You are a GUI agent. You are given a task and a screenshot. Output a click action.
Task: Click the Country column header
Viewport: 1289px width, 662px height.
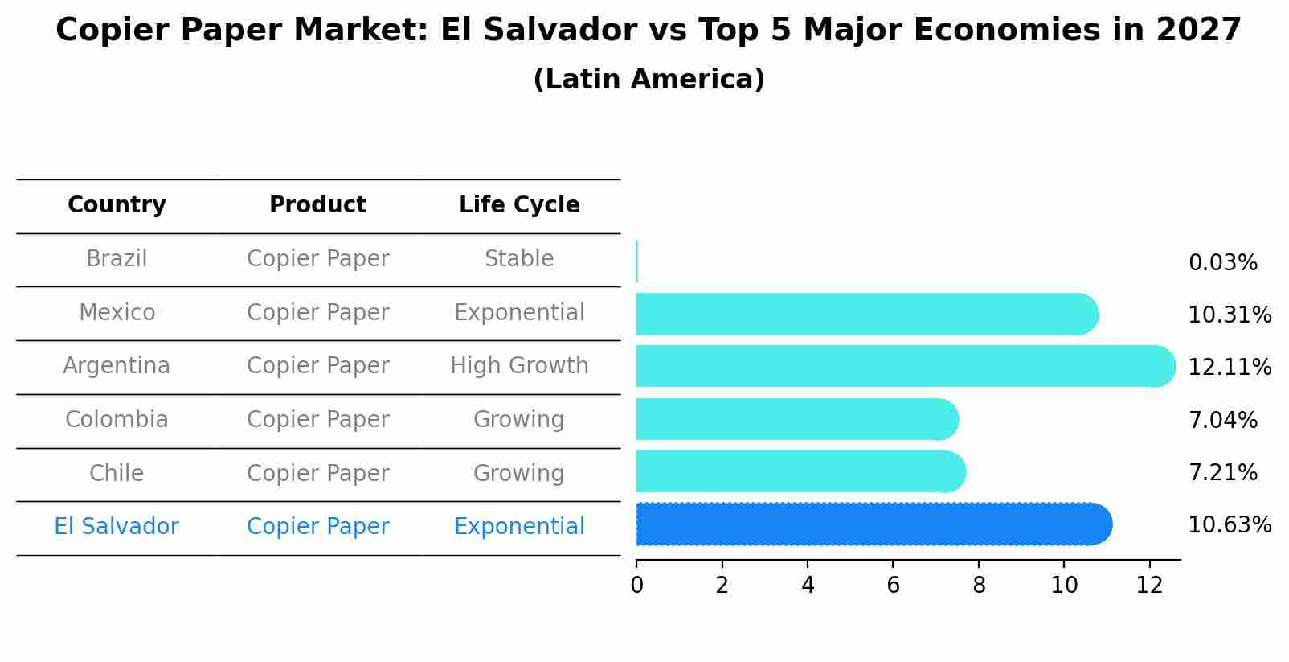click(117, 205)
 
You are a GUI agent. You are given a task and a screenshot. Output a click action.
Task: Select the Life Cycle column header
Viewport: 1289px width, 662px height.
click(519, 205)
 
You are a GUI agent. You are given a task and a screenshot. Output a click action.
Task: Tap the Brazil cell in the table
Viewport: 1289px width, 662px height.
click(117, 259)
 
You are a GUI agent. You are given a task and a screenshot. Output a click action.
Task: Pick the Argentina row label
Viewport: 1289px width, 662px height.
click(117, 366)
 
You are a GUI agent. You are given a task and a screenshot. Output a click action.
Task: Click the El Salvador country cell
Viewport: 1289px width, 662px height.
click(117, 527)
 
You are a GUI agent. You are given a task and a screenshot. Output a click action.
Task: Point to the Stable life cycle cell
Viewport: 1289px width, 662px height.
click(519, 259)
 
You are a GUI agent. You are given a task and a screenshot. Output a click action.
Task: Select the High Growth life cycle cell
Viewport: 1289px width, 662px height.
click(519, 366)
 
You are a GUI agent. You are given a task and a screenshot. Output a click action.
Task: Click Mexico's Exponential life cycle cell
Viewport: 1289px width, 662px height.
click(519, 313)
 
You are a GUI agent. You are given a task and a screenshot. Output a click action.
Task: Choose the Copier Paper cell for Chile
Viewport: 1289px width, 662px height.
click(317, 474)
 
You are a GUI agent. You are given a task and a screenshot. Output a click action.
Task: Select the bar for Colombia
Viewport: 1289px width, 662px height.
click(796, 419)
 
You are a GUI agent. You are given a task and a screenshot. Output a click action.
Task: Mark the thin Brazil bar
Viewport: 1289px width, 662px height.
click(637, 261)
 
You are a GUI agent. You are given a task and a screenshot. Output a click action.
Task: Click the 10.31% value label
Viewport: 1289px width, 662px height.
click(1230, 315)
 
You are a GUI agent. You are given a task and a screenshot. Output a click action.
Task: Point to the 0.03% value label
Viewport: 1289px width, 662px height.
click(1222, 263)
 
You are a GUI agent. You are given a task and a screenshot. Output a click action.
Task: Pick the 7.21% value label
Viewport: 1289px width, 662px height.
click(1222, 473)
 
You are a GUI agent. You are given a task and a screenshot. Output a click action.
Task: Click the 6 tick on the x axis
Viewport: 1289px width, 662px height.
click(893, 586)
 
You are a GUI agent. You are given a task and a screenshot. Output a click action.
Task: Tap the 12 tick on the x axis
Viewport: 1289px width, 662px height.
click(1149, 586)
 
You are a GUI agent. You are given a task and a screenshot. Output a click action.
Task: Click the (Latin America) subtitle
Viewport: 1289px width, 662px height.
click(649, 80)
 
